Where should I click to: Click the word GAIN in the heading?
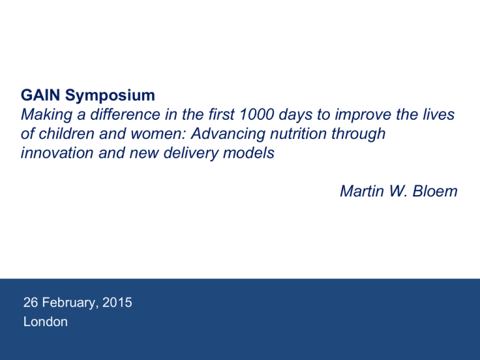(41, 95)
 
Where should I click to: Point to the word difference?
(125, 114)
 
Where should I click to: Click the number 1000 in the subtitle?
(256, 114)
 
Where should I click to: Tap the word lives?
(440, 114)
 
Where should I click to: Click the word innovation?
(57, 152)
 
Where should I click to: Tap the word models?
(249, 152)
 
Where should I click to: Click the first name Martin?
(362, 191)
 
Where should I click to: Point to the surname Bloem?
(435, 191)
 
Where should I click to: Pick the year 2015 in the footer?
(117, 302)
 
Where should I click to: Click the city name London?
(46, 322)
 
